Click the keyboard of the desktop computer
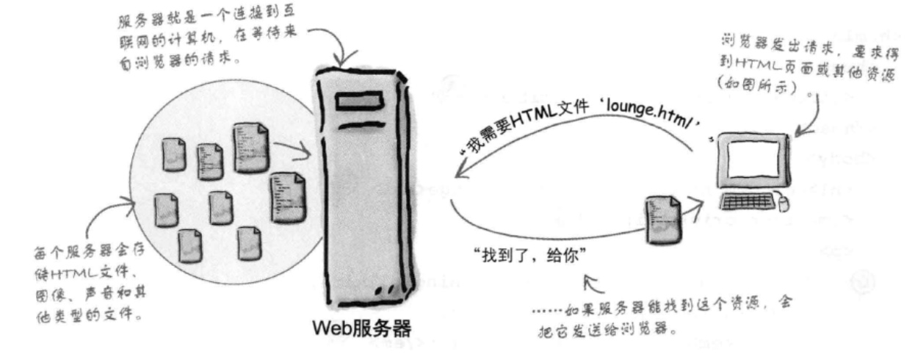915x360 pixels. [748, 201]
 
